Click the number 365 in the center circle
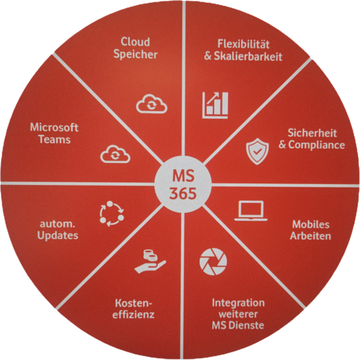coord(182,193)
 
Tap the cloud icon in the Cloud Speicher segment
coord(151,105)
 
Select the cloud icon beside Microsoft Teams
coord(115,154)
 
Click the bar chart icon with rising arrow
coord(215,105)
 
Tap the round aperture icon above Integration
coord(213,261)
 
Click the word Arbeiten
coord(311,235)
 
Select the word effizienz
coord(134,314)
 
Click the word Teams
coord(54,139)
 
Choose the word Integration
coord(238,302)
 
